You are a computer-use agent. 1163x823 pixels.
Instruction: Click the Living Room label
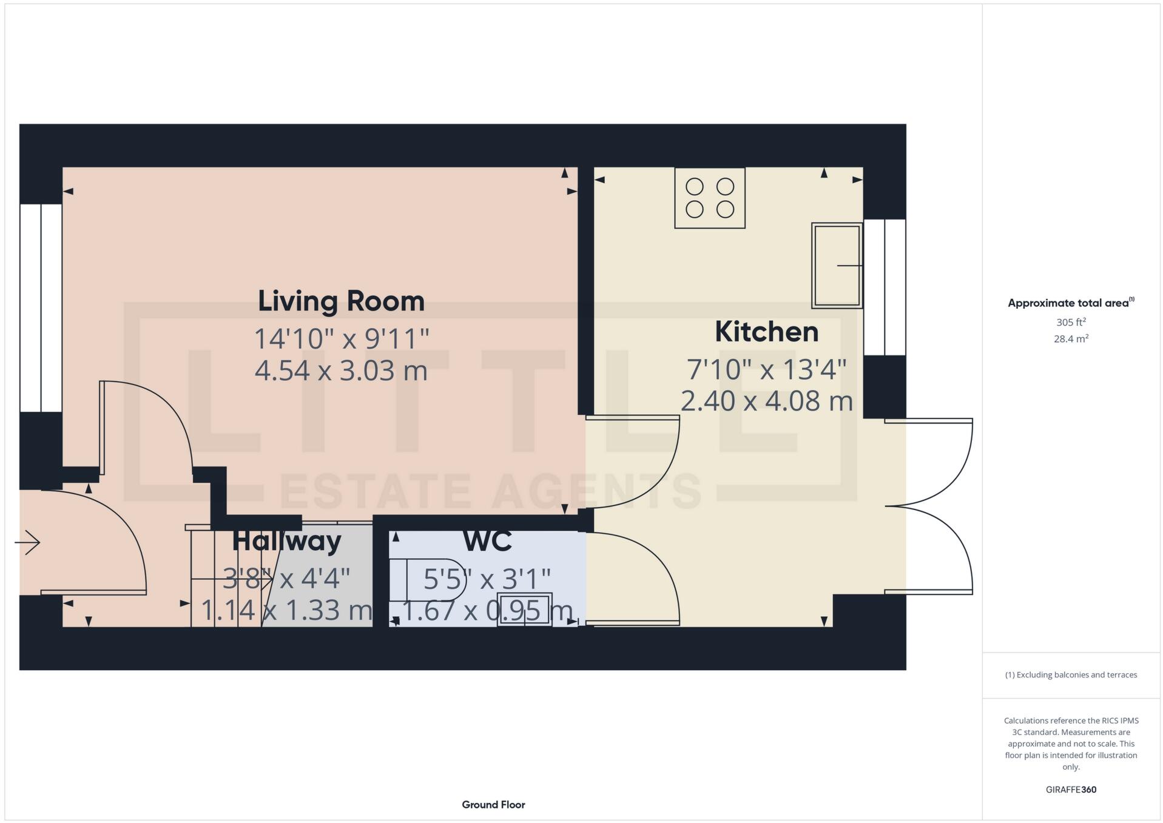point(341,301)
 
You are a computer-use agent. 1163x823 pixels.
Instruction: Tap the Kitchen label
point(766,332)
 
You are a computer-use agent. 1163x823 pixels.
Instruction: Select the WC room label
point(487,542)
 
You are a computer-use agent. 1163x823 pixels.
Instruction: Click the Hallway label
point(286,541)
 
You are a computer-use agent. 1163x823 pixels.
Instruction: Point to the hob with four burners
point(709,198)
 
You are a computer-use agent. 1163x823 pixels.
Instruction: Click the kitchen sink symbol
point(837,266)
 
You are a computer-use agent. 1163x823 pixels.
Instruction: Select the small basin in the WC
point(524,609)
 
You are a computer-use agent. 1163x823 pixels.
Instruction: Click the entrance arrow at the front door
point(28,542)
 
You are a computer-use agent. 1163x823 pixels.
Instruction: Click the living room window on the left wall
point(41,308)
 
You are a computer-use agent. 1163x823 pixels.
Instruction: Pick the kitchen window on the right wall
point(884,287)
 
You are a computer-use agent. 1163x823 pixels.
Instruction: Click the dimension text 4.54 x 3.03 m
point(341,370)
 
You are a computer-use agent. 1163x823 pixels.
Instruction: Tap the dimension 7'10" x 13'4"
point(766,369)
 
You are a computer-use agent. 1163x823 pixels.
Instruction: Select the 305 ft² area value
point(1071,322)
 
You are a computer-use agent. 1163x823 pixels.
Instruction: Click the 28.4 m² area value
point(1071,339)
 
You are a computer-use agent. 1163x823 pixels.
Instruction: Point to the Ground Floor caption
point(493,805)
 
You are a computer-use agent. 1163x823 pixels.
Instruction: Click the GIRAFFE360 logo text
point(1071,790)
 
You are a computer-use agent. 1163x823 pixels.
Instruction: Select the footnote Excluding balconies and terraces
point(1071,674)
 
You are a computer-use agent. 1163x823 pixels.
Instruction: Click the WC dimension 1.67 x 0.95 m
point(487,611)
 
